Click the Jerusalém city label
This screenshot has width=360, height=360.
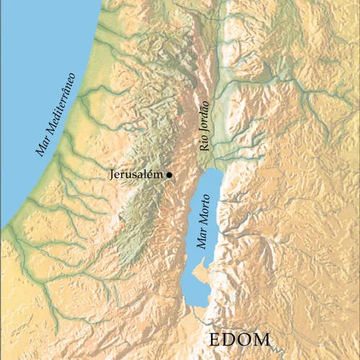tap(138, 175)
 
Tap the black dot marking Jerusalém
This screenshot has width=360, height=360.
tap(169, 175)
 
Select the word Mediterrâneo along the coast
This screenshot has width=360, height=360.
tap(62, 104)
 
